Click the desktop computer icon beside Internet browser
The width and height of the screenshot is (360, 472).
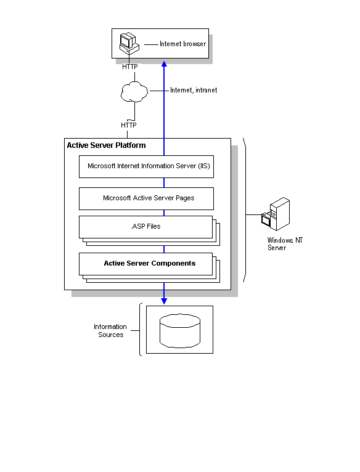point(129,44)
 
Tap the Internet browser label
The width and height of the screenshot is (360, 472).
point(182,44)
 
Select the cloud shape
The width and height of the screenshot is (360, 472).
point(134,92)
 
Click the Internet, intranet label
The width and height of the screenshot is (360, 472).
point(194,90)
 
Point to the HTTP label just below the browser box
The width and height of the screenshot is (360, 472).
point(130,67)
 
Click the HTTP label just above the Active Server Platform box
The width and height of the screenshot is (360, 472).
point(129,125)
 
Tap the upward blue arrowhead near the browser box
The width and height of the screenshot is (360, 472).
point(164,64)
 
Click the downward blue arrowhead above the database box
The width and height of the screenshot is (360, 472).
point(164,301)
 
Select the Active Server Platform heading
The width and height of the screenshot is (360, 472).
point(107,145)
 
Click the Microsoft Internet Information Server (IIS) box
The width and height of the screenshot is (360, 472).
point(147,166)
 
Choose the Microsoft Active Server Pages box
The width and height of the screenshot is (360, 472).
point(147,198)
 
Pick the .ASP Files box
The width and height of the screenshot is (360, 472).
point(146,227)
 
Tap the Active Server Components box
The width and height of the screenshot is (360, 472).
point(146,264)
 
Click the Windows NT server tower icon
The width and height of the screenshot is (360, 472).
point(276,214)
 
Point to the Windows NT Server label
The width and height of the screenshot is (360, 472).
point(285,244)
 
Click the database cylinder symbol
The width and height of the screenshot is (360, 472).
point(180,331)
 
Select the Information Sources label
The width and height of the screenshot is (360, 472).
point(110,331)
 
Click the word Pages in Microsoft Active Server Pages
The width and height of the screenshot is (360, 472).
point(185,198)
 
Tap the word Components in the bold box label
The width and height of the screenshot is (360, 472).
point(173,263)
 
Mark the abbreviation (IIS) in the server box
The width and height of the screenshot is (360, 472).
point(204,166)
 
